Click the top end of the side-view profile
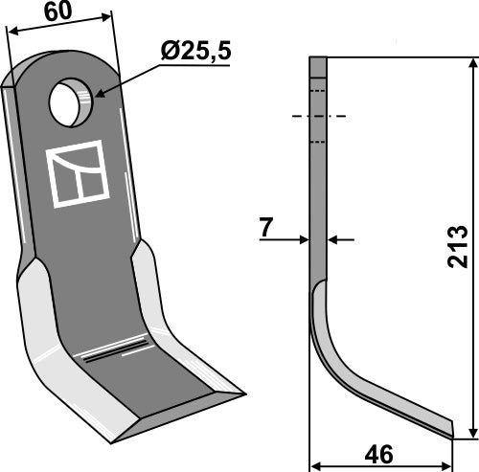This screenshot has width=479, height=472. click(x=318, y=60)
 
